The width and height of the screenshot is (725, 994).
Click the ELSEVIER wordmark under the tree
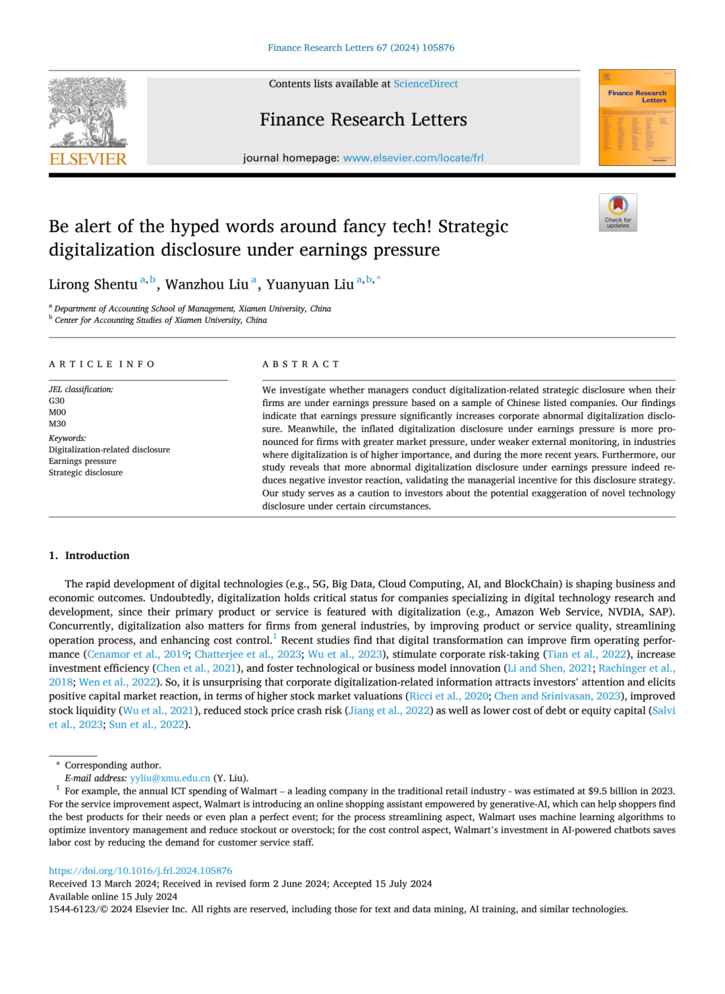88,159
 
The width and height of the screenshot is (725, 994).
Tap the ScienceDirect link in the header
426,84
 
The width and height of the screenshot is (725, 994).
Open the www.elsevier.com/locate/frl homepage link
413,158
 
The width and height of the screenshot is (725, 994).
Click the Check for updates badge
618,213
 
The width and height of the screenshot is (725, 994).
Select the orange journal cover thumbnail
637,117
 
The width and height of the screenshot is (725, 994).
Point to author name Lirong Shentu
93,285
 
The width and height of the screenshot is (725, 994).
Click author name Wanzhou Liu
207,285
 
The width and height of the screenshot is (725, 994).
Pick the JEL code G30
56,401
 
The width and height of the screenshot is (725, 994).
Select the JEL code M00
57,412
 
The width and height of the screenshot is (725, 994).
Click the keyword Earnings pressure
83,461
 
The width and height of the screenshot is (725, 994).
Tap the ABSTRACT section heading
301,364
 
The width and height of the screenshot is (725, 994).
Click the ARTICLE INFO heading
102,364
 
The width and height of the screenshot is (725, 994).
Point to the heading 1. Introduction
89,556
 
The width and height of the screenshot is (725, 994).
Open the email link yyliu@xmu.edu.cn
171,778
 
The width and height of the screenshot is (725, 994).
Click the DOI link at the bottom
140,871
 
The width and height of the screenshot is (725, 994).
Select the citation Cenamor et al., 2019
138,654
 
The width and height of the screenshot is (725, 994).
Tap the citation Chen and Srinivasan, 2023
557,697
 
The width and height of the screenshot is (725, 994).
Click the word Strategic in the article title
473,227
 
